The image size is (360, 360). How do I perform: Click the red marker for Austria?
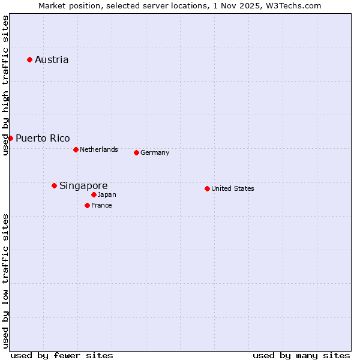click(29, 59)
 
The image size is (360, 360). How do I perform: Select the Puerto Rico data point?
click(10, 138)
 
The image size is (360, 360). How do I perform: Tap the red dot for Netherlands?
click(76, 149)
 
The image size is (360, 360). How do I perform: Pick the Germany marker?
click(136, 152)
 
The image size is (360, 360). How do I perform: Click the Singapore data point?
click(54, 185)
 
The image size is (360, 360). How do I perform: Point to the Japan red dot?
click(94, 194)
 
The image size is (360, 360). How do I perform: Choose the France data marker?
click(87, 205)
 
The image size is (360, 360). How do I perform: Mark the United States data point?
click(207, 188)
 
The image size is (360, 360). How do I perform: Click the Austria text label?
click(52, 59)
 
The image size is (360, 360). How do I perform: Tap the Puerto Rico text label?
click(43, 138)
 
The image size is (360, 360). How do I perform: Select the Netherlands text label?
click(99, 149)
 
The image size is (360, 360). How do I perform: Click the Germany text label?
click(155, 152)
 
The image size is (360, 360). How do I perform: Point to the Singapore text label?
click(83, 185)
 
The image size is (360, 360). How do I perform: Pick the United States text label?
click(233, 188)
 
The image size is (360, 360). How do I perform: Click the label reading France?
click(101, 205)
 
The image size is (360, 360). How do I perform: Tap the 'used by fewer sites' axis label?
click(62, 355)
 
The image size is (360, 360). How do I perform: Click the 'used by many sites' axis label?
click(301, 355)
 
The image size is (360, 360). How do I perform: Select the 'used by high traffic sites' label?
click(5, 85)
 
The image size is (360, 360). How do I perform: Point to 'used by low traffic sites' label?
click(5, 280)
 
